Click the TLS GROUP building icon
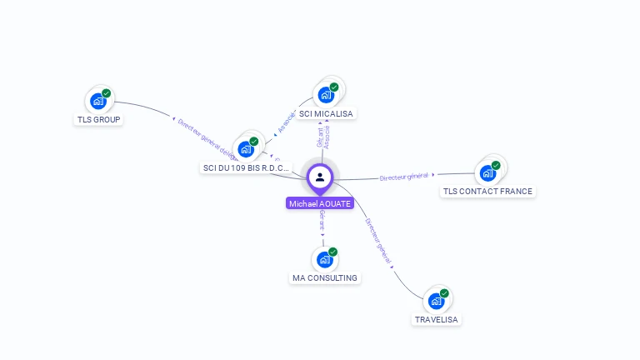(x=98, y=102)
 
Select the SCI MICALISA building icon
(x=326, y=95)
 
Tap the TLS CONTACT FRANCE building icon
(x=487, y=173)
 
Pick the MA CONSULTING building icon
(x=325, y=260)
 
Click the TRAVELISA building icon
(x=436, y=301)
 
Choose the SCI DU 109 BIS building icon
(x=245, y=149)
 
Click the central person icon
(x=320, y=177)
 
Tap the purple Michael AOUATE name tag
(x=320, y=203)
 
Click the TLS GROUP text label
(x=99, y=120)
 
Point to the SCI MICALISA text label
(x=326, y=113)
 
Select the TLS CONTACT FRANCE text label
(x=487, y=192)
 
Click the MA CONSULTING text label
(x=325, y=278)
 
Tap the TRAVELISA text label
(x=436, y=319)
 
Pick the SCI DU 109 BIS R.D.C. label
(x=246, y=167)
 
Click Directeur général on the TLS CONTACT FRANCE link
(x=403, y=177)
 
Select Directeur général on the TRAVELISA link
(x=378, y=241)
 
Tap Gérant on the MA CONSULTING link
(x=322, y=221)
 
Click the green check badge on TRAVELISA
(x=444, y=293)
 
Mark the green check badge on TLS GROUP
(x=107, y=93)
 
